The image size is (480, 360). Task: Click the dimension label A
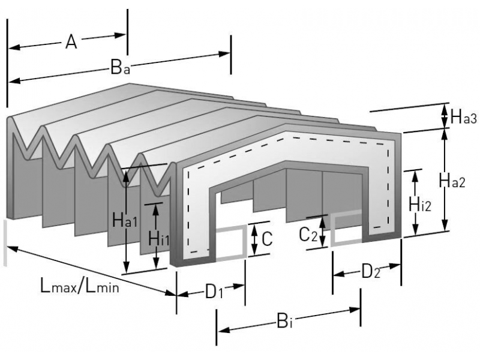coord(71,42)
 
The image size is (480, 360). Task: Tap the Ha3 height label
coord(463,118)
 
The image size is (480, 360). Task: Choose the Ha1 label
coord(125,221)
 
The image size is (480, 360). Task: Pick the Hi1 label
coord(158,239)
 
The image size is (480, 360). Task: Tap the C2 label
coord(307,235)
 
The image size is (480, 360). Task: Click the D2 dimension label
coord(370,272)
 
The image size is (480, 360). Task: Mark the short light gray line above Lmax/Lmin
coord(6,242)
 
